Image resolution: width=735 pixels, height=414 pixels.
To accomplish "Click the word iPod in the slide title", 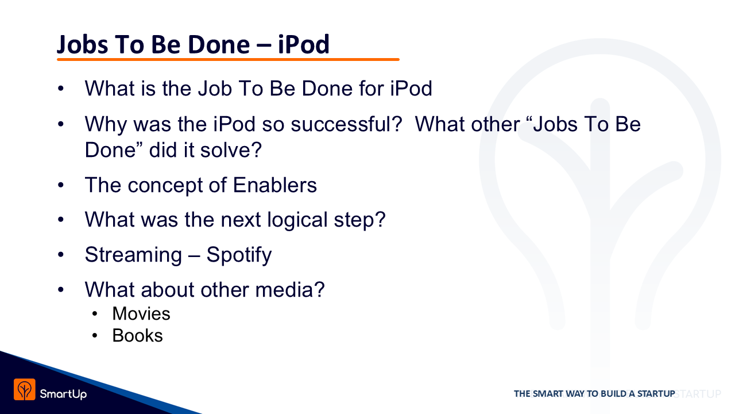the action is pos(304,44).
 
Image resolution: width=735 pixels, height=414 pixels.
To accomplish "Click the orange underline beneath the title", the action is pos(228,59).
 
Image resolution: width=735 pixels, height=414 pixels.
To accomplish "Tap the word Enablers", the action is pos(275,185).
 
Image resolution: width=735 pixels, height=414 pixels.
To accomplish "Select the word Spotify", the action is pos(239,255).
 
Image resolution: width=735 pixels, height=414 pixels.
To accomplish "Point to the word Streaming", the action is pos(133,255).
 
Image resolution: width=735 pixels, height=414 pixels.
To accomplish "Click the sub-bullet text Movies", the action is pos(141,313).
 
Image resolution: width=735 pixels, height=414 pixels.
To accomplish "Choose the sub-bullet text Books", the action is pos(137,335).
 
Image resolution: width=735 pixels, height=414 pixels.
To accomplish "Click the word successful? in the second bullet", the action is pos(346,124).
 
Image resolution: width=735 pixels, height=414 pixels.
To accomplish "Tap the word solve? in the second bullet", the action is pos(231,150).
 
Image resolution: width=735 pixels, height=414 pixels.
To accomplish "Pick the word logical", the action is pos(297,220).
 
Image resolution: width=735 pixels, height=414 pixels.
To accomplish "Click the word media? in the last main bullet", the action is pos(290,289).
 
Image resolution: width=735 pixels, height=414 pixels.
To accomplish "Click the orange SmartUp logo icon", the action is pos(25,389).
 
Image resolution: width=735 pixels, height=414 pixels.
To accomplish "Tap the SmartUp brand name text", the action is pos(63,394).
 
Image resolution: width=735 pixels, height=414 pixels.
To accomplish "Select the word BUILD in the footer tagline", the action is pos(613,394).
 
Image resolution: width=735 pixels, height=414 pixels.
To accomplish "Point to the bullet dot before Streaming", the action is pos(61,255).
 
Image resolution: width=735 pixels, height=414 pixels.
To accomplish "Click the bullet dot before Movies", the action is pos(95,314).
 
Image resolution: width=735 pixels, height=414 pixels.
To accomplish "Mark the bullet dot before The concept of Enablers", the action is pos(61,185).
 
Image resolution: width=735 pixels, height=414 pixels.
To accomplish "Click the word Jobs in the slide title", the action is pos(82,45).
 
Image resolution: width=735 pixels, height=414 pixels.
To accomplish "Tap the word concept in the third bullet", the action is pos(165,186).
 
